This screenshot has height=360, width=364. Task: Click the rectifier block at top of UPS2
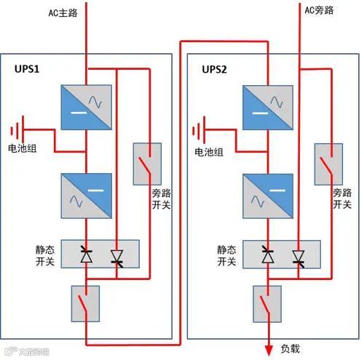click(x=268, y=108)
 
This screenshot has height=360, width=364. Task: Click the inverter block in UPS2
click(x=268, y=192)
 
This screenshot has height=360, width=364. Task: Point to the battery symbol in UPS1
click(x=16, y=132)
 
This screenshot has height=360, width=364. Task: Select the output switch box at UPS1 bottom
click(x=86, y=303)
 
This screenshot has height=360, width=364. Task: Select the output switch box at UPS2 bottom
click(x=268, y=303)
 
